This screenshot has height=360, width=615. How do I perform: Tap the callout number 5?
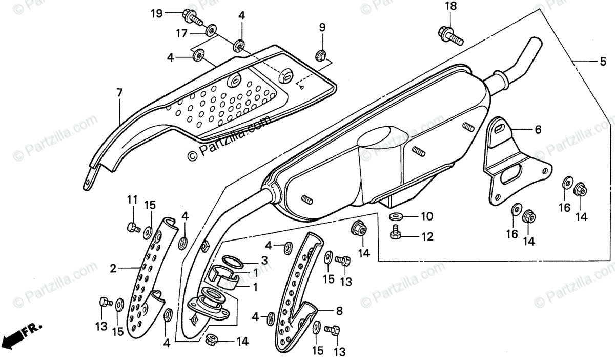tap(603, 62)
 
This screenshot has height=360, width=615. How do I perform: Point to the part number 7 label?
tap(119, 93)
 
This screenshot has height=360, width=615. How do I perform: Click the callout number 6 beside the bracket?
tap(538, 130)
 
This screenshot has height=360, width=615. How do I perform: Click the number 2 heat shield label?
tap(113, 267)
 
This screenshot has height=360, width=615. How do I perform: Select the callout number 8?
tap(339, 310)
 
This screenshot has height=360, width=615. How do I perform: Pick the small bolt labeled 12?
tap(395, 234)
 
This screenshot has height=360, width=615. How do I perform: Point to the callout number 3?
tap(264, 261)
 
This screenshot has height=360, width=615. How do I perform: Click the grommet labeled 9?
tap(321, 53)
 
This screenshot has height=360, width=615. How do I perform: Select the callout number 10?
tap(427, 216)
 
